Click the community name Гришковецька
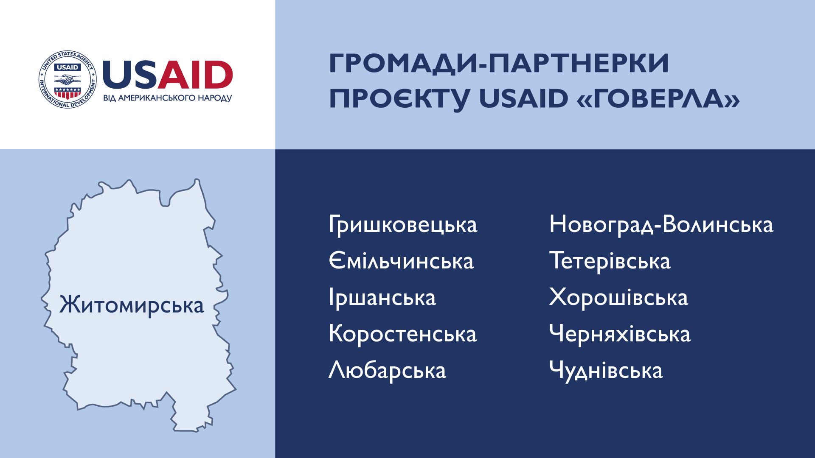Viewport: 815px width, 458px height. click(403, 225)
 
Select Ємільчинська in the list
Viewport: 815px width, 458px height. click(401, 261)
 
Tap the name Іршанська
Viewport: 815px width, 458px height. click(382, 298)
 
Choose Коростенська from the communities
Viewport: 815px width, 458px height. click(403, 334)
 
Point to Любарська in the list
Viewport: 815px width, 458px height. click(388, 370)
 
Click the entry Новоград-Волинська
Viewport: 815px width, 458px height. click(661, 225)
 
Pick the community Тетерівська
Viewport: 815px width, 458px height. click(610, 261)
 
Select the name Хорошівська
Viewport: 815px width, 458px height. click(618, 297)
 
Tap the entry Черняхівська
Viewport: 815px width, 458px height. click(620, 334)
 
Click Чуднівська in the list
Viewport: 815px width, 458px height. click(606, 370)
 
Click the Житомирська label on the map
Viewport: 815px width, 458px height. click(132, 305)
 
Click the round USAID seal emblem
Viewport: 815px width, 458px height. click(68, 79)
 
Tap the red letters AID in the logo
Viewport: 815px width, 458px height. click(196, 75)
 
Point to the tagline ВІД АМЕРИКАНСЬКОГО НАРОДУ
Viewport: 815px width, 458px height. click(168, 98)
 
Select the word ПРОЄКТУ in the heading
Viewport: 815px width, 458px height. click(400, 99)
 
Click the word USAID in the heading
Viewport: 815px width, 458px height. click(524, 98)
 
